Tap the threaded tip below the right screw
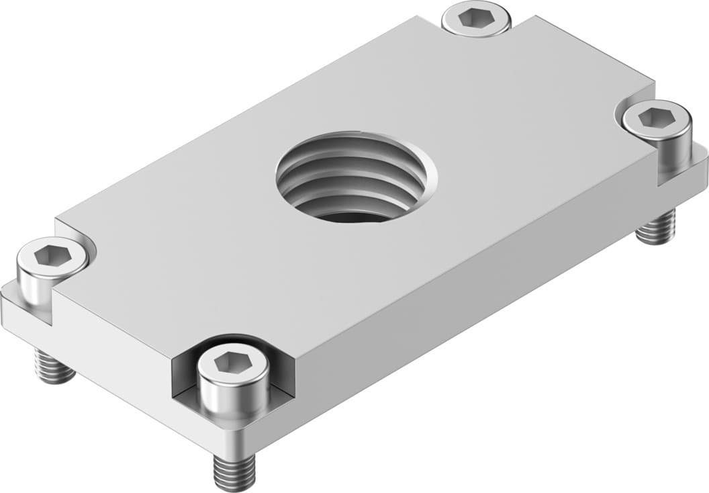[x=657, y=228]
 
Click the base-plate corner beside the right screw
[x=701, y=159]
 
